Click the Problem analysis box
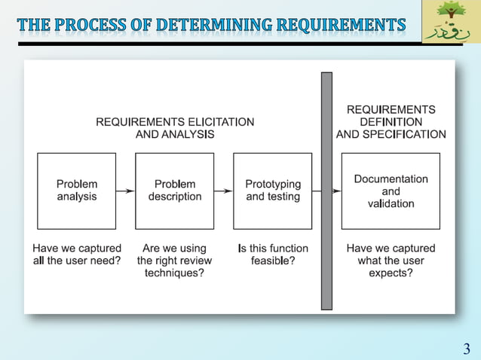click(x=77, y=191)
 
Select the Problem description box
click(x=174, y=191)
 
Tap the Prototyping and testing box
click(x=272, y=191)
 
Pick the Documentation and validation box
click(x=391, y=191)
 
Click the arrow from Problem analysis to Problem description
click(x=125, y=191)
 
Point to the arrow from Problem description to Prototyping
click(x=223, y=191)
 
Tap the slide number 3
click(x=467, y=349)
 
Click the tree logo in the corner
click(x=451, y=21)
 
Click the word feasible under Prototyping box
click(x=269, y=261)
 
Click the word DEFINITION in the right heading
click(x=391, y=122)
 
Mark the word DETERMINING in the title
click(x=213, y=26)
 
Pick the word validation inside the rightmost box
click(x=391, y=203)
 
